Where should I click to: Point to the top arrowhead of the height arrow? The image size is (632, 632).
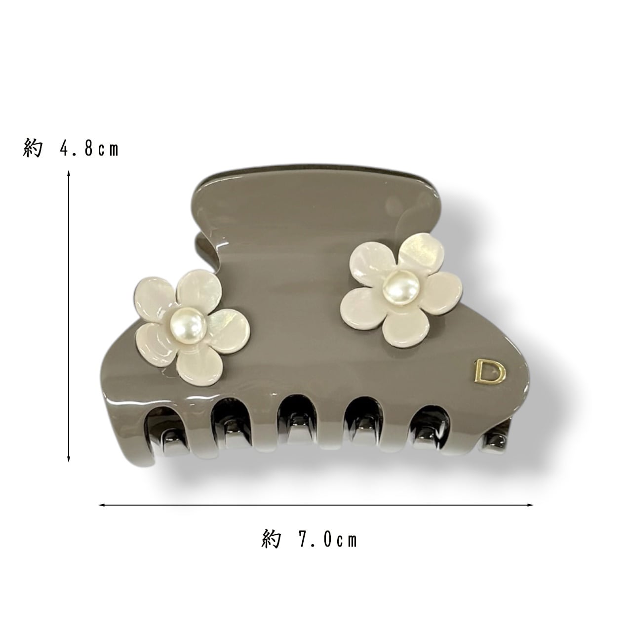69,173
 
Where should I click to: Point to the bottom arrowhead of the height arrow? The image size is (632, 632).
69,459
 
